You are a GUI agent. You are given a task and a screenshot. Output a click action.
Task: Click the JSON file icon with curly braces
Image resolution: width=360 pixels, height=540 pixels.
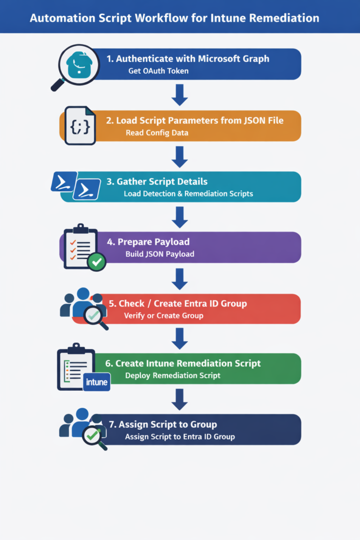coord(80,126)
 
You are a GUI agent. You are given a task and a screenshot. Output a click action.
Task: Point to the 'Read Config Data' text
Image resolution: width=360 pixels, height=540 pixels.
coord(157,133)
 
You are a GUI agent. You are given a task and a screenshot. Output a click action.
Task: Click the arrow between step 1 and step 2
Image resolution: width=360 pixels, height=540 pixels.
coord(180,94)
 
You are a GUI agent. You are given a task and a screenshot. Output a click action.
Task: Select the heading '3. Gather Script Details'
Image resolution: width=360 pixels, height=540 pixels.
coord(157,181)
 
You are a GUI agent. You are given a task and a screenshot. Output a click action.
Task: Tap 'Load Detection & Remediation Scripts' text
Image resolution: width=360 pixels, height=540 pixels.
coord(188,194)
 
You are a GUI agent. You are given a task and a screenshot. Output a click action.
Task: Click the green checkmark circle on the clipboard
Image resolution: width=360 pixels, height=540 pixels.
coord(96,262)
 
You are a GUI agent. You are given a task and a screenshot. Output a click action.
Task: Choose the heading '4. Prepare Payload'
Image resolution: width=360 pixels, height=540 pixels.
coord(148,242)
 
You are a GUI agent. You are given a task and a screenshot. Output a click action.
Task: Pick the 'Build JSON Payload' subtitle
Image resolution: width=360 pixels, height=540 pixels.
coord(160,254)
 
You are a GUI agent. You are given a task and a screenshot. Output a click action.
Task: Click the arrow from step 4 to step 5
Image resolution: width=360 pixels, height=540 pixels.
coord(180,278)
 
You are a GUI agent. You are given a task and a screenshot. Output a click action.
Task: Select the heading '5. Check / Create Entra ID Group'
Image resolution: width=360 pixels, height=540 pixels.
coord(177,303)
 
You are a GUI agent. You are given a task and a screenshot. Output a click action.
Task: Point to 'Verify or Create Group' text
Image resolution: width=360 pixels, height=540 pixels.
coord(163,316)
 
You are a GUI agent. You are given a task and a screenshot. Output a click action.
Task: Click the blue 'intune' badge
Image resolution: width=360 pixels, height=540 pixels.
coord(96,381)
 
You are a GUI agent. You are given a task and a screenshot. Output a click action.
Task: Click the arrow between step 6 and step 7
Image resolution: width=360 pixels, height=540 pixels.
coord(180,399)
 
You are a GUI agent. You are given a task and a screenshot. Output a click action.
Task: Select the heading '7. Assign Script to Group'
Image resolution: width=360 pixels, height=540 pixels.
coord(162,425)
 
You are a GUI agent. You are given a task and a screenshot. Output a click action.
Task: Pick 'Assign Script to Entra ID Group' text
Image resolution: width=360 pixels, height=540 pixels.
coord(180,437)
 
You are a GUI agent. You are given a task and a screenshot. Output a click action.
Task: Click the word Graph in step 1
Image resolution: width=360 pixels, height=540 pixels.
coord(254,59)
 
